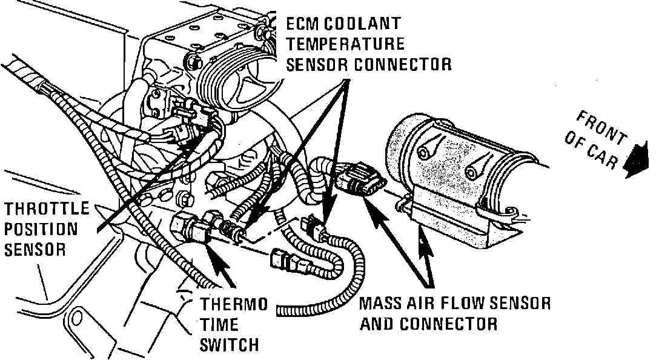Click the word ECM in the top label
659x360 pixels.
click(303, 24)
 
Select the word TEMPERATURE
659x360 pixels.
click(345, 44)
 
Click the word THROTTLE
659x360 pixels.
click(47, 209)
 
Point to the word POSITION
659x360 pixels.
click(41, 229)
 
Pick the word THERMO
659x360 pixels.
click(234, 304)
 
